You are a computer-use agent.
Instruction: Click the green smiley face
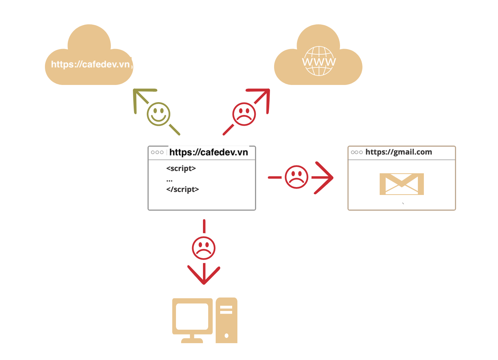tap(159, 114)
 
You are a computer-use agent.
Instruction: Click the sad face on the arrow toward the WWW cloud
tap(244, 114)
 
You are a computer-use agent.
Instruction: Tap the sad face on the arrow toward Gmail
tap(297, 177)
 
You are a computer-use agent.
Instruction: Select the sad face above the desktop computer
tap(204, 248)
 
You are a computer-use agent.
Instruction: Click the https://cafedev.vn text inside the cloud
tap(90, 64)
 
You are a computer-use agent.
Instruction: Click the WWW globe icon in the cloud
tap(319, 61)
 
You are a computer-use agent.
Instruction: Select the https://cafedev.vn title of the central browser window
tap(209, 152)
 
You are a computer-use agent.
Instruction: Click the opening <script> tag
tap(181, 168)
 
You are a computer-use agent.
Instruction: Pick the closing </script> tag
tap(182, 189)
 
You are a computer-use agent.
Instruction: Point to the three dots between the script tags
tap(169, 180)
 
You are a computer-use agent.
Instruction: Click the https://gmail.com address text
tap(398, 152)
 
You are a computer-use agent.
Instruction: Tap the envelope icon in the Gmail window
tap(401, 184)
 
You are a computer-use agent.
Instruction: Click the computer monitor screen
tap(192, 317)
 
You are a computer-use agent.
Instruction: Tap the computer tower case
tap(226, 320)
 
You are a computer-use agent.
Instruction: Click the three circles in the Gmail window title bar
tap(356, 152)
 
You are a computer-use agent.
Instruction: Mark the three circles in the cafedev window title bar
tap(157, 152)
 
